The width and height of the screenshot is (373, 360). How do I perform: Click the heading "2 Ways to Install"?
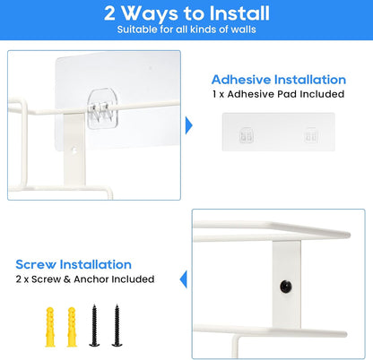click(x=186, y=13)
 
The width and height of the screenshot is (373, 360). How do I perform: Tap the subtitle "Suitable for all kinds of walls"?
click(x=186, y=30)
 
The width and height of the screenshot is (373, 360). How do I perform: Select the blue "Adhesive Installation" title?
click(x=279, y=80)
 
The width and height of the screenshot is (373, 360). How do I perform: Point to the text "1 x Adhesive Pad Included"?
click(x=279, y=94)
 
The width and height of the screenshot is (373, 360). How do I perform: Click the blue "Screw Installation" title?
click(x=74, y=264)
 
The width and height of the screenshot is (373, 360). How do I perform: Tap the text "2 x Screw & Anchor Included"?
click(x=85, y=279)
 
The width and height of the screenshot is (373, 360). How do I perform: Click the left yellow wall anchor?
click(x=50, y=327)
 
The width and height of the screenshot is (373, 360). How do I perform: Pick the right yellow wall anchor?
click(x=72, y=327)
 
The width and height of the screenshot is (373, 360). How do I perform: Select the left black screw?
click(x=94, y=325)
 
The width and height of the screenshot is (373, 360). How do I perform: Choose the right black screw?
click(x=117, y=325)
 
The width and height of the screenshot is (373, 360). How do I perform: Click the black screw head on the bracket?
click(x=286, y=287)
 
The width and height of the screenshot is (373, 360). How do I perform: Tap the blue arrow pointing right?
click(x=189, y=125)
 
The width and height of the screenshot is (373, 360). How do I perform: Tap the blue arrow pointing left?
click(x=184, y=279)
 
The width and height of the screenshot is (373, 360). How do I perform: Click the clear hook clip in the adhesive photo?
click(x=102, y=108)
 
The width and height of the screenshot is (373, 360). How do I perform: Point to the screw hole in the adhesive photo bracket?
click(x=74, y=150)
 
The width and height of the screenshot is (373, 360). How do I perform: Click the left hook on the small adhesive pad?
click(x=247, y=136)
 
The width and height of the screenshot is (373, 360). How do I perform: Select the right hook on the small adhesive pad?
click(x=311, y=136)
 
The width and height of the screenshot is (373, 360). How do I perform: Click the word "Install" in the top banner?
click(x=239, y=13)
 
